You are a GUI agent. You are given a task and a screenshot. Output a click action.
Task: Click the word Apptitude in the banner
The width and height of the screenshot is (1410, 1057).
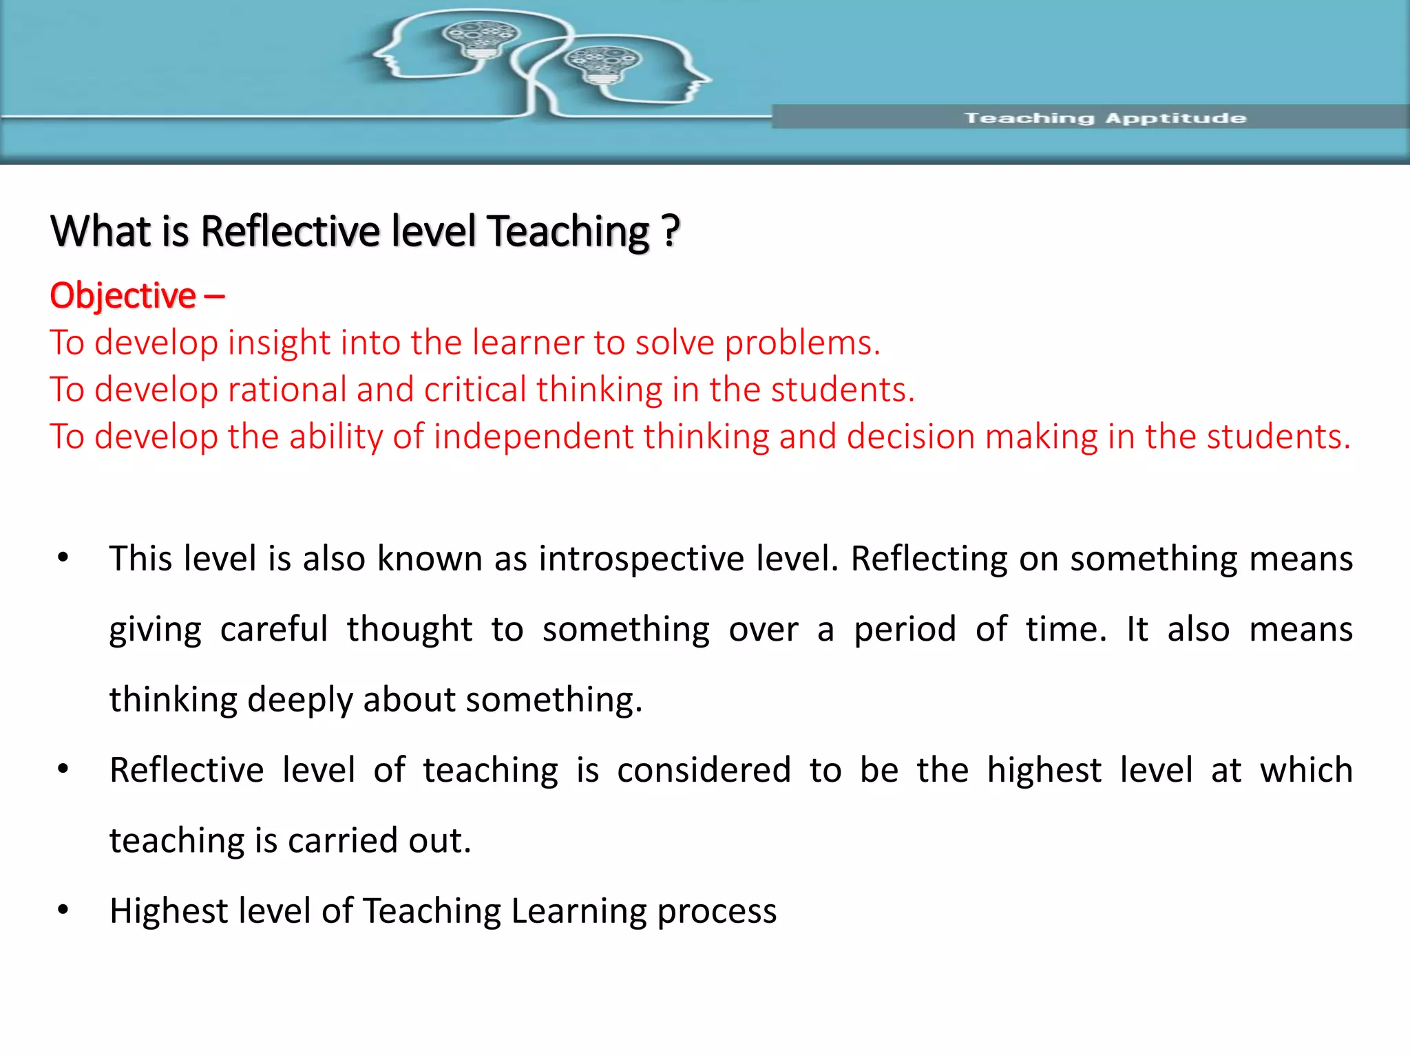[x=1176, y=118]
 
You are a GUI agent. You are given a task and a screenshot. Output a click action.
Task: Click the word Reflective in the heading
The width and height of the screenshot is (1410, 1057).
[x=290, y=231]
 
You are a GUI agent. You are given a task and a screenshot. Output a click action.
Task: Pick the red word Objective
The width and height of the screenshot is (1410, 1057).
[x=123, y=296]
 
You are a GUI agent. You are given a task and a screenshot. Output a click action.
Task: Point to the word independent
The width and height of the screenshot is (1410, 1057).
[x=534, y=436]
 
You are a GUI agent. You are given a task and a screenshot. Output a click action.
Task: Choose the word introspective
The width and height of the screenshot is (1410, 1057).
[x=641, y=558]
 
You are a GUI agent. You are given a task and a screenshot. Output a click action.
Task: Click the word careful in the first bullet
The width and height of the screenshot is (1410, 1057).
[x=273, y=629]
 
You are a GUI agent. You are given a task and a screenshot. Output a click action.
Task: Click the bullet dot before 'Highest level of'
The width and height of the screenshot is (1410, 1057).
[x=63, y=910]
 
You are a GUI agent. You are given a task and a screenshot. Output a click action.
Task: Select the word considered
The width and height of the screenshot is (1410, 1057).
[x=704, y=770]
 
